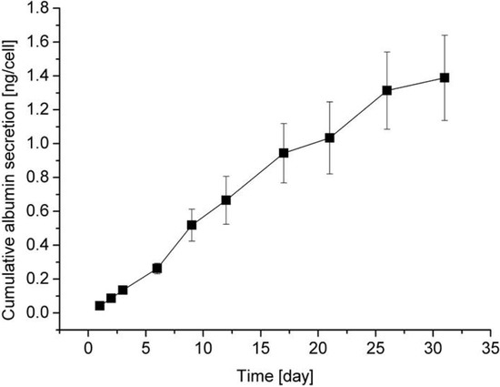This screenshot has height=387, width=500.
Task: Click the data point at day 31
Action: click(445, 77)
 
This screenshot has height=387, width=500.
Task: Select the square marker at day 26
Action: click(387, 90)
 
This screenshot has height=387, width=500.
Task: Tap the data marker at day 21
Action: click(329, 137)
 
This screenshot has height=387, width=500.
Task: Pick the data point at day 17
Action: click(284, 153)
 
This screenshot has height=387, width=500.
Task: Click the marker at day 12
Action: click(226, 199)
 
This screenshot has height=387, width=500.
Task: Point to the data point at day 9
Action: click(192, 225)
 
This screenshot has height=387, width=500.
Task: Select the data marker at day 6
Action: click(157, 269)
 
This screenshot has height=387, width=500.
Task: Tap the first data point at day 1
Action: click(100, 305)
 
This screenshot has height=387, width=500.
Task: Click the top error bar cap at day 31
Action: click(445, 36)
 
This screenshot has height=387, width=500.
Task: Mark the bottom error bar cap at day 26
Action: click(387, 128)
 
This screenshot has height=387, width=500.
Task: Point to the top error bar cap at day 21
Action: click(329, 102)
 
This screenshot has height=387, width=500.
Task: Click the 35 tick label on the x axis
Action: click(490, 349)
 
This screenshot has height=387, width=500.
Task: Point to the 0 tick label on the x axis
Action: click(88, 349)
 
